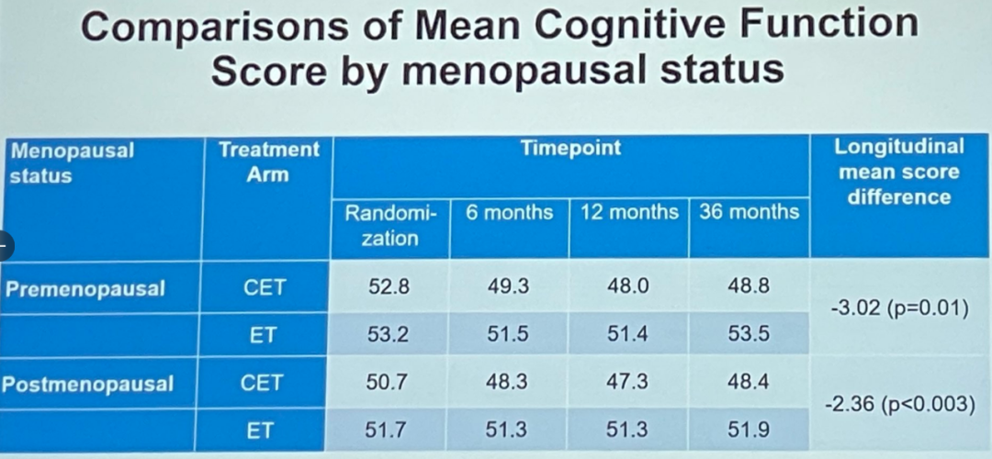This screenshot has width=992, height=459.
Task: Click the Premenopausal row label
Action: coord(85,288)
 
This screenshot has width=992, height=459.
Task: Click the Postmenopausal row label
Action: coord(87,384)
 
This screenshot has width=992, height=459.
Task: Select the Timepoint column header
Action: coord(569,149)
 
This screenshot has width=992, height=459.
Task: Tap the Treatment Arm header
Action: coord(268,161)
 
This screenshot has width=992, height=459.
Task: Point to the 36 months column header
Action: coord(749,212)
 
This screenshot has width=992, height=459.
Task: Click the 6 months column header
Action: coord(509,212)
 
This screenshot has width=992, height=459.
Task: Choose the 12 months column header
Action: coord(629,212)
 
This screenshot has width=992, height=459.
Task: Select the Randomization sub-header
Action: coord(390,225)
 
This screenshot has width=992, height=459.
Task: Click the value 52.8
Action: coord(388,286)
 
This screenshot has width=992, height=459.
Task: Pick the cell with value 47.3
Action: coord(628,382)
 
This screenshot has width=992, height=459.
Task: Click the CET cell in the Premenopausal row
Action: coord(265,287)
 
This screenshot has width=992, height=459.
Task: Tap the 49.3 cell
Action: coord(508,286)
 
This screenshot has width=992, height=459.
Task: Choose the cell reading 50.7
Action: coord(388,382)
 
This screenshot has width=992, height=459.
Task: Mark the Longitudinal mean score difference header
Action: coord(899,172)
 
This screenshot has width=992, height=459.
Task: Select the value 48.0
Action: coord(628,286)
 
